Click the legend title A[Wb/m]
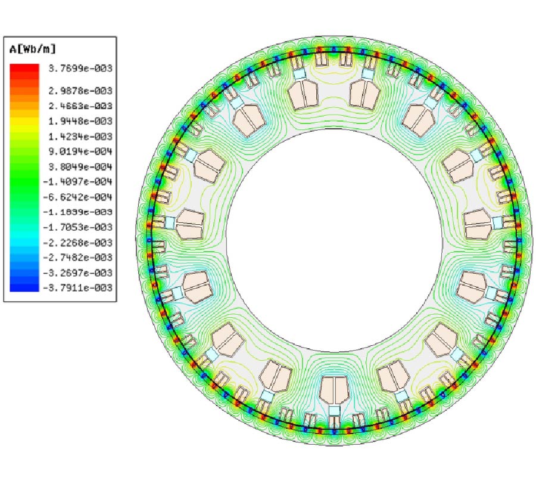click(x=33, y=49)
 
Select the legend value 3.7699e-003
click(x=80, y=69)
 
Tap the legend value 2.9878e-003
click(x=80, y=91)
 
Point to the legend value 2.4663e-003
click(x=80, y=106)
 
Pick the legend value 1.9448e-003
click(x=80, y=121)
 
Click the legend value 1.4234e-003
click(x=80, y=137)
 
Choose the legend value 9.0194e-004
click(x=80, y=151)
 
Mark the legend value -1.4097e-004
click(x=78, y=182)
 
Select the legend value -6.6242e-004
click(x=78, y=197)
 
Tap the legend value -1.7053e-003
click(x=78, y=227)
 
